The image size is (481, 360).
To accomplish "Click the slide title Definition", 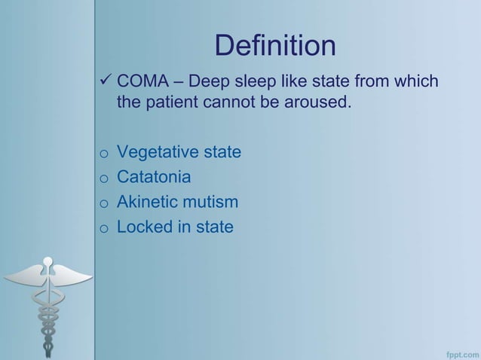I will click(274, 47).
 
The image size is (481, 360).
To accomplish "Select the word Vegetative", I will click(156, 153).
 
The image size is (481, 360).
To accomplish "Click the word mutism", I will click(213, 202).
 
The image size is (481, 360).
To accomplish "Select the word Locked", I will click(145, 227).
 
